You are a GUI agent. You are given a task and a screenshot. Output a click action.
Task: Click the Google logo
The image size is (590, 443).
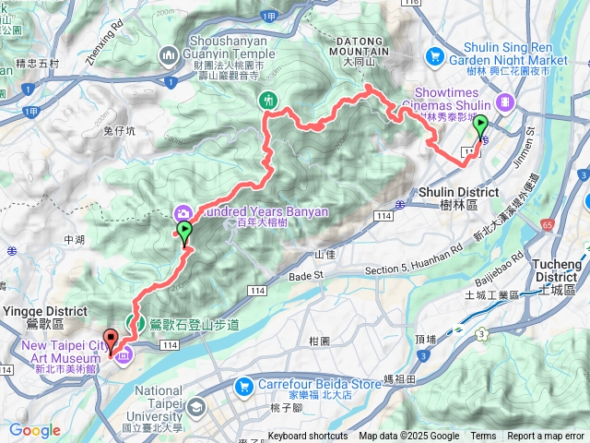(x=34, y=430)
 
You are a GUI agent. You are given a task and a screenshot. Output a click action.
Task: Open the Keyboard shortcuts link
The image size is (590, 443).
(x=308, y=437)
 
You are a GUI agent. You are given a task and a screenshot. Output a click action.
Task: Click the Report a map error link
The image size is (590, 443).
(x=547, y=437)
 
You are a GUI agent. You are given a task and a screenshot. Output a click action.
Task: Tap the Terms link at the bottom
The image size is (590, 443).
(x=483, y=437)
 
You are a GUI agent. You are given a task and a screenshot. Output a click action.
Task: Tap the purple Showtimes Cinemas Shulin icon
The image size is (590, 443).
(x=504, y=102)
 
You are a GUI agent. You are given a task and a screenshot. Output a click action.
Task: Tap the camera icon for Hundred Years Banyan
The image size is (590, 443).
(x=183, y=211)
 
